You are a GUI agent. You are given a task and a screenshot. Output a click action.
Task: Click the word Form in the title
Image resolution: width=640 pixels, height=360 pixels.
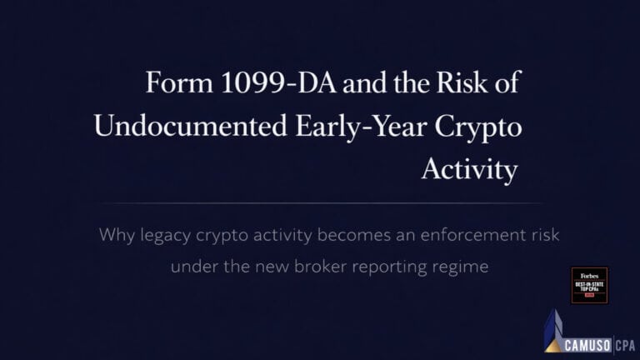click(172, 84)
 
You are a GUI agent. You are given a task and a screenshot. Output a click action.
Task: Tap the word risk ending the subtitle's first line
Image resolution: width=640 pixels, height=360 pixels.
click(543, 235)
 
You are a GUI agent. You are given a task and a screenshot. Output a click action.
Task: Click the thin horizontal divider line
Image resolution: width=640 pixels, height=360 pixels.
click(320, 202)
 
